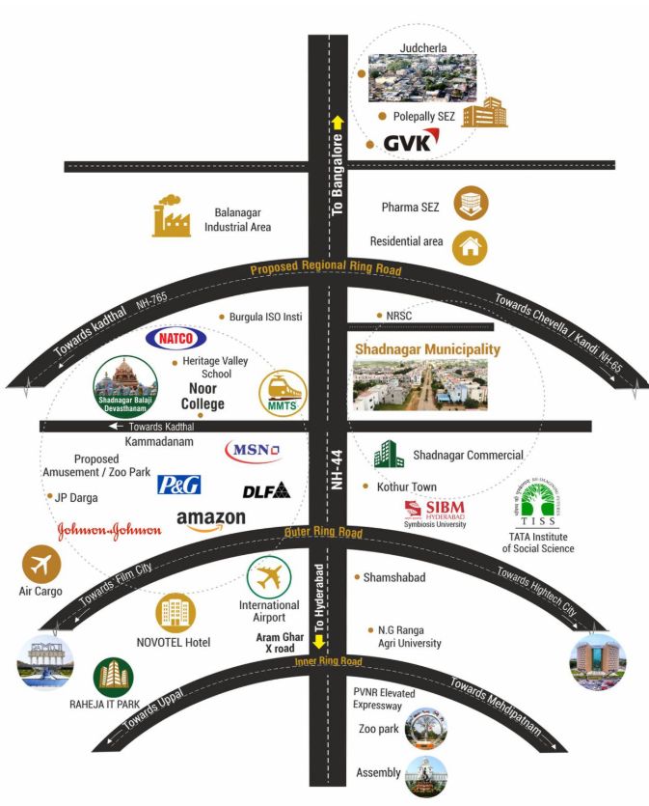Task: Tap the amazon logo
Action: click(211, 521)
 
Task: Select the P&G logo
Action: click(178, 485)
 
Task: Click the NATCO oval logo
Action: click(176, 339)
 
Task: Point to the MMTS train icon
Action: click(282, 394)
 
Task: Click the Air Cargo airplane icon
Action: click(41, 565)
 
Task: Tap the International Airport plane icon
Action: click(269, 577)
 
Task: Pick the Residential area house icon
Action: click(471, 246)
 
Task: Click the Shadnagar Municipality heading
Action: click(427, 348)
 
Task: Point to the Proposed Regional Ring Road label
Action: click(326, 270)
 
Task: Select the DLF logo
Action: click(266, 490)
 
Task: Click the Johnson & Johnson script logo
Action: click(109, 530)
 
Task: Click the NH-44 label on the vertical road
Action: click(338, 468)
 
